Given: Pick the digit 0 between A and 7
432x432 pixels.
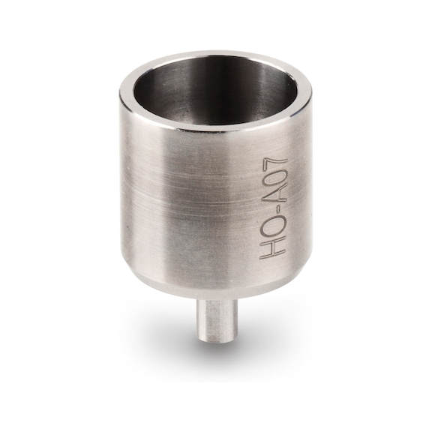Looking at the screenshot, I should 271,178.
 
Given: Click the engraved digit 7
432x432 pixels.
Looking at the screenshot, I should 271,161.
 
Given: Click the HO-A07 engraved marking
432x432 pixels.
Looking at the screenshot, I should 271,206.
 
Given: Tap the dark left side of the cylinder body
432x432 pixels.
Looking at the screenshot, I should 131,195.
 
